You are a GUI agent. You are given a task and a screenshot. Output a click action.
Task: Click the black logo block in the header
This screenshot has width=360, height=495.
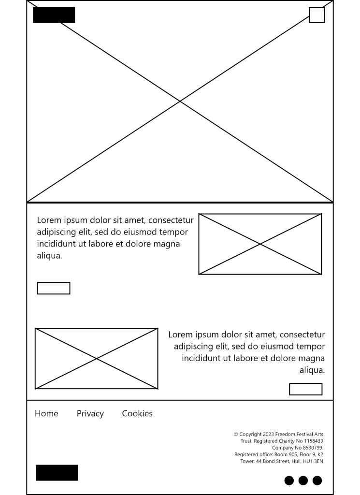click(54, 15)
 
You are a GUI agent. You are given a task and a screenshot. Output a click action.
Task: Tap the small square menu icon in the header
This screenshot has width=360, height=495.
click(317, 15)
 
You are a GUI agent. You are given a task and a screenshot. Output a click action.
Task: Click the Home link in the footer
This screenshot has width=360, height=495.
click(46, 413)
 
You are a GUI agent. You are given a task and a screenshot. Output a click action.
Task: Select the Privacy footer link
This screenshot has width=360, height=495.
click(90, 413)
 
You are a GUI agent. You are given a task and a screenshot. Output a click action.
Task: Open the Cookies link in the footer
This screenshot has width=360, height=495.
click(137, 413)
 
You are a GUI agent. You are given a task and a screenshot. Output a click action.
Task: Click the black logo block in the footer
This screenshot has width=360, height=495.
click(57, 473)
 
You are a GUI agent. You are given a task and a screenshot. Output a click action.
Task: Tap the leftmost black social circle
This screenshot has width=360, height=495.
click(289, 480)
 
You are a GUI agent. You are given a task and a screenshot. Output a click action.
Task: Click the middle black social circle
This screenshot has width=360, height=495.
click(303, 480)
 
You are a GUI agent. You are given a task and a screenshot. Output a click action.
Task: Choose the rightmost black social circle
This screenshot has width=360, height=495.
click(317, 480)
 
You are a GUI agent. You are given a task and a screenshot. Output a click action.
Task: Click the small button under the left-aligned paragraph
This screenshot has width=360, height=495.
click(54, 288)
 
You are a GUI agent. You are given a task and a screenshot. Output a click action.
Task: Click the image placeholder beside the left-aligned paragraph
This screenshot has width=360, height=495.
click(260, 244)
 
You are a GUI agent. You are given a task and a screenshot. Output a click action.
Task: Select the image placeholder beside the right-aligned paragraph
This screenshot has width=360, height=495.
click(97, 359)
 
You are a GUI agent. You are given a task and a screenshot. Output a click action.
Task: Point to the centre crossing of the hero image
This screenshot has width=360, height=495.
click(180, 101)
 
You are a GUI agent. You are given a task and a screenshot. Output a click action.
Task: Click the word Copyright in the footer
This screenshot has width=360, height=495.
click(250, 435)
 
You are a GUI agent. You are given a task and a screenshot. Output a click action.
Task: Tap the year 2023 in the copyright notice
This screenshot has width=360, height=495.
click(268, 435)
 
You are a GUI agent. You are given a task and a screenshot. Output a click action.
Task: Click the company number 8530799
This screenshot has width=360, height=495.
click(313, 448)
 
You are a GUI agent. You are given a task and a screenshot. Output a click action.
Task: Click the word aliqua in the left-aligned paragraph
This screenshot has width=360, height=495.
click(49, 256)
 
